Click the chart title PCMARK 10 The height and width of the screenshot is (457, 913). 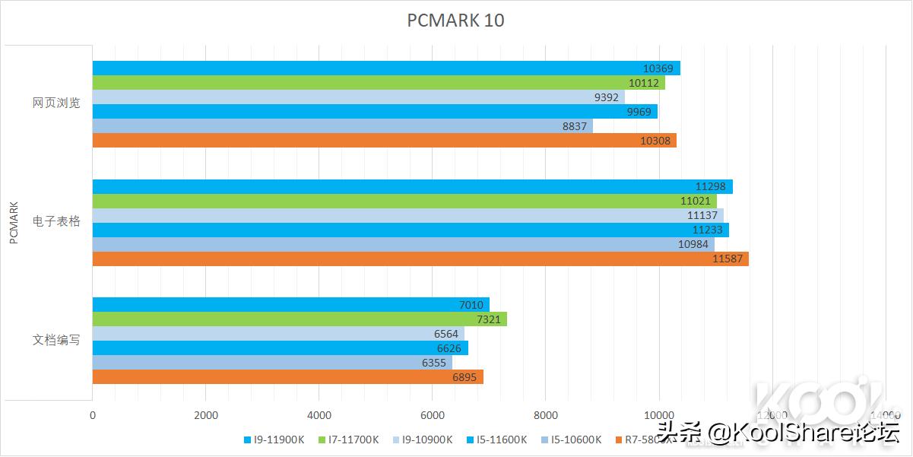[455, 21]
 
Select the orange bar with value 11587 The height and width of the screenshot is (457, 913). [420, 259]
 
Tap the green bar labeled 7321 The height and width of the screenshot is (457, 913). [300, 319]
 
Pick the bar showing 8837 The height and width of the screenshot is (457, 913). [342, 126]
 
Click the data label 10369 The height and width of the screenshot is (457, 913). [658, 68]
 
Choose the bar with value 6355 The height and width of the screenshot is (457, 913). [272, 363]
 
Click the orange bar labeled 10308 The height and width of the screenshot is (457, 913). [384, 141]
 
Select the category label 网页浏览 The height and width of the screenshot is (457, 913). [56, 103]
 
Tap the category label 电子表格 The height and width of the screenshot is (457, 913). [56, 221]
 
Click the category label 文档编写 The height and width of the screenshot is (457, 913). [56, 340]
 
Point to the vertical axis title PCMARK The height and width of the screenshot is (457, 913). [14, 222]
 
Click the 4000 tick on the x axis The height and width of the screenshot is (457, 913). [319, 415]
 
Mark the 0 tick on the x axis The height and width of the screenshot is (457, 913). [93, 415]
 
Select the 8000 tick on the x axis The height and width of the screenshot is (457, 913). [545, 415]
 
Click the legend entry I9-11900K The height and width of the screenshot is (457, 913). [274, 440]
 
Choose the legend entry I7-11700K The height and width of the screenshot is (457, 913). [348, 440]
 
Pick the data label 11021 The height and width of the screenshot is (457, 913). [695, 201]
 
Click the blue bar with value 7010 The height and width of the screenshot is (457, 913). [291, 305]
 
